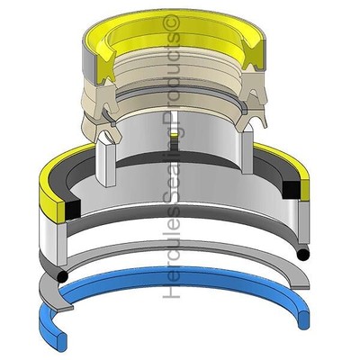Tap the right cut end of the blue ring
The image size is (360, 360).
[302, 319]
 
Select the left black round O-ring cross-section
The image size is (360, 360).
[62, 276]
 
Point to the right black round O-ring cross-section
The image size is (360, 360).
[302, 255]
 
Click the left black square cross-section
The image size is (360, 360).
[73, 209]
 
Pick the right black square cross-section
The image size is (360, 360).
[292, 190]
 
